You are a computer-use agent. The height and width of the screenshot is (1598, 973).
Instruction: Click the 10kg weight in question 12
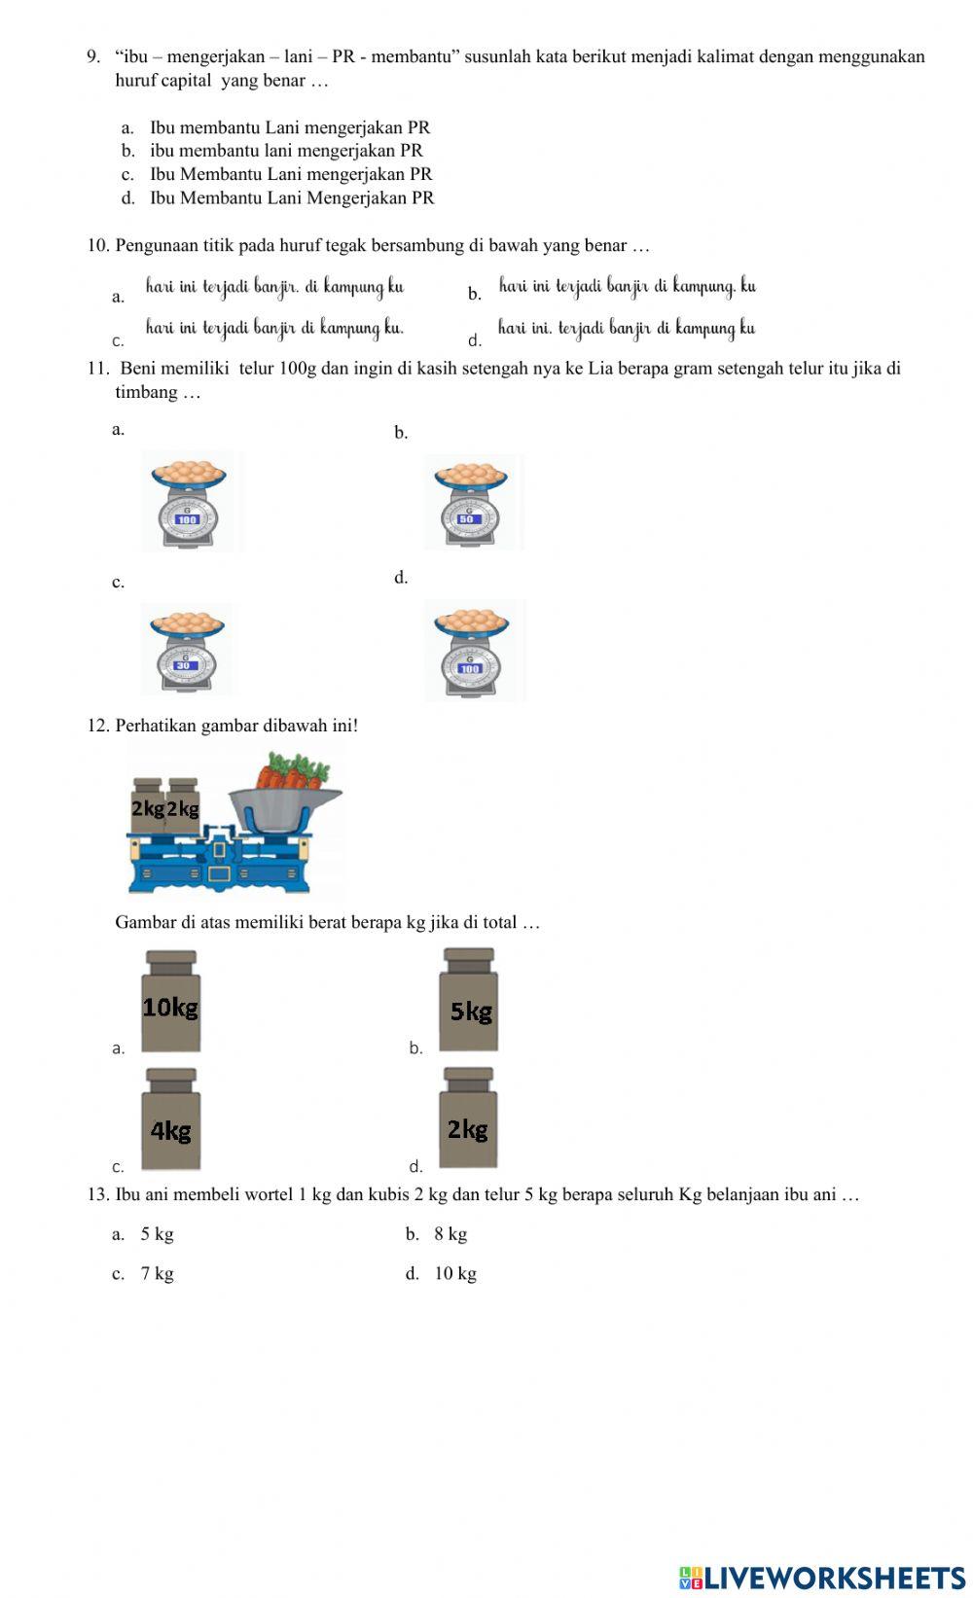(171, 1002)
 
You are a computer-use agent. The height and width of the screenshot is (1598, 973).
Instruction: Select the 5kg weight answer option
(469, 1002)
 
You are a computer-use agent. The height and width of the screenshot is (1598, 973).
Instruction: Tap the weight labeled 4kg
(171, 1120)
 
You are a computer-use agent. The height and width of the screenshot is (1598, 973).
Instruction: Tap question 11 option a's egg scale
(190, 502)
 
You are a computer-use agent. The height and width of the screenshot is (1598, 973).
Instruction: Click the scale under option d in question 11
(472, 650)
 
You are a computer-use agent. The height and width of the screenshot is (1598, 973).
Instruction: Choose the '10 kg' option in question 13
(454, 1274)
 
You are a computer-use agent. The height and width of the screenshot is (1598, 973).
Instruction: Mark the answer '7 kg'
(157, 1274)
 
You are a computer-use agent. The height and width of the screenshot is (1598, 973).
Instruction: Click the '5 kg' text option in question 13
(157, 1234)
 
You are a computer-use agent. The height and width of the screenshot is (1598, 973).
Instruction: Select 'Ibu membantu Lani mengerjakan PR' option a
(289, 127)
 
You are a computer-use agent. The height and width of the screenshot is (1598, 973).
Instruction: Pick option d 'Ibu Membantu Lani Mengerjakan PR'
(291, 198)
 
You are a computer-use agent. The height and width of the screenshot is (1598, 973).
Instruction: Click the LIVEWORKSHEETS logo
(821, 1577)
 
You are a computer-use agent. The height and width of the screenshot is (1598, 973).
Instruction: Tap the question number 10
(97, 245)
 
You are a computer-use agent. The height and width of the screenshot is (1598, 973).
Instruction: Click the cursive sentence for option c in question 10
(274, 328)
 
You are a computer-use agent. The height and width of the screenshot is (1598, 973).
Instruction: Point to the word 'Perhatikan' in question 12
(156, 726)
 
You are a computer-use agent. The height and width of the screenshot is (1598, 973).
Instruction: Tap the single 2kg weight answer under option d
(468, 1120)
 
